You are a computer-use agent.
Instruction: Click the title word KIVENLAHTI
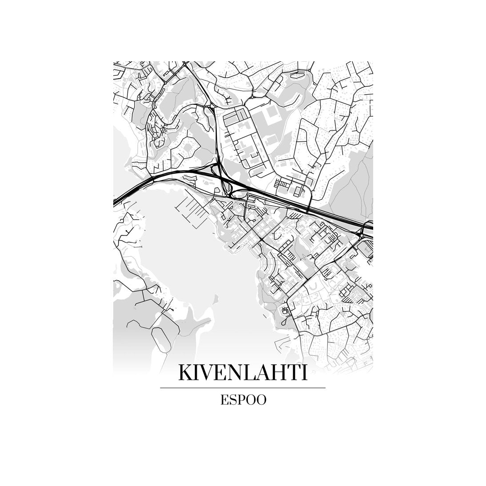tap(243, 373)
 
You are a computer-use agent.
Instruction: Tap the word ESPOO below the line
tap(243, 400)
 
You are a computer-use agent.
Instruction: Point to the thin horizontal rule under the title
tap(243, 388)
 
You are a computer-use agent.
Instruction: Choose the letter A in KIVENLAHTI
tap(265, 373)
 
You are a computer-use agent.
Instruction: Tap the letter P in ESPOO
tap(240, 400)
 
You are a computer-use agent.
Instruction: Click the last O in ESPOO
tap(261, 400)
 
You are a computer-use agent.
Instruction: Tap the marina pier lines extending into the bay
tap(189, 207)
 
